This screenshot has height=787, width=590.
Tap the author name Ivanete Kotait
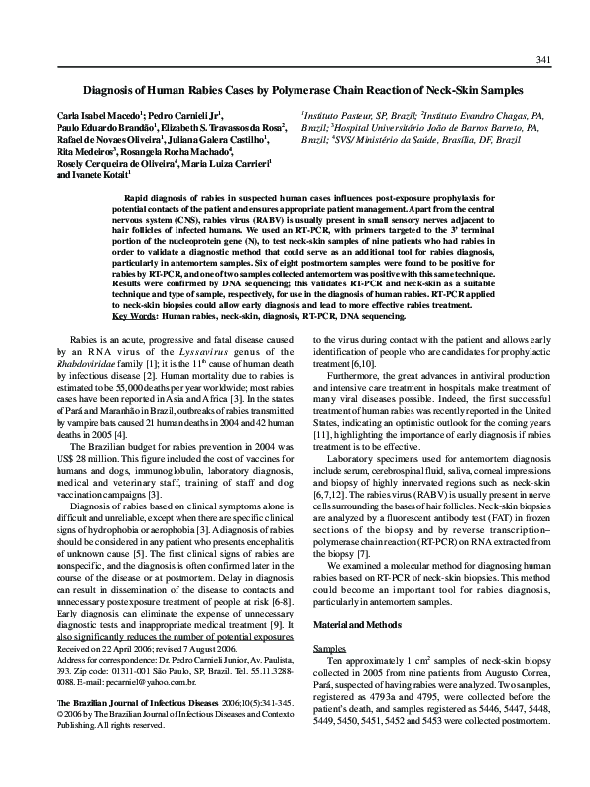click(88, 173)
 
